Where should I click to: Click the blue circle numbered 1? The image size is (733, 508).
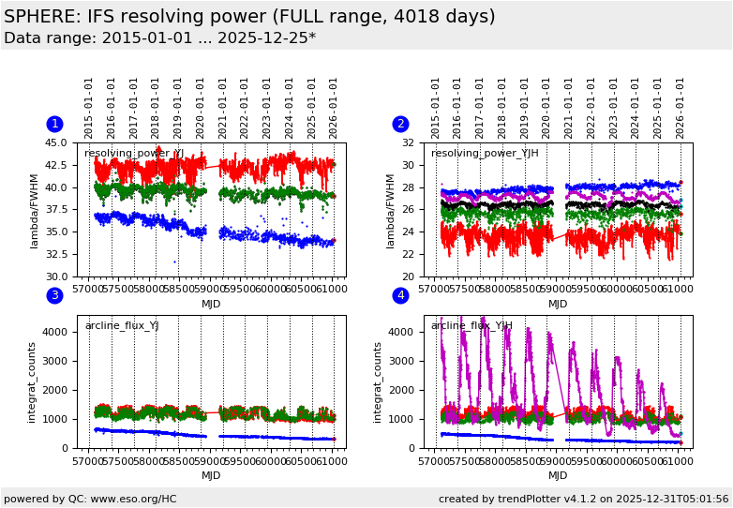click(x=54, y=124)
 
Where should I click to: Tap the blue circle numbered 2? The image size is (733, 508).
click(x=400, y=124)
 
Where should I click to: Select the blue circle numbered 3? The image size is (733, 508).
click(x=54, y=295)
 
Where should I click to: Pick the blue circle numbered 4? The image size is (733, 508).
click(x=400, y=295)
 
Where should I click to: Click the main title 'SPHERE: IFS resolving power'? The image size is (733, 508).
click(x=249, y=17)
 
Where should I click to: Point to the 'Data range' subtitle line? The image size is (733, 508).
click(x=159, y=38)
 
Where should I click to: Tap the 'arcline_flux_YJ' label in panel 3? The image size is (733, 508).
click(x=122, y=326)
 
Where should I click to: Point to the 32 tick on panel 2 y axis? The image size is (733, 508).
click(x=409, y=143)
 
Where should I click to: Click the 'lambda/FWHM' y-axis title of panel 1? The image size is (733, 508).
click(x=35, y=210)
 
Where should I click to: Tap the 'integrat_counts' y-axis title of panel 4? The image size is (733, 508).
click(x=377, y=381)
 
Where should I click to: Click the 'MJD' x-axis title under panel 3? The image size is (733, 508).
click(x=211, y=475)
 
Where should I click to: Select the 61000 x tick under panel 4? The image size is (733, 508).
click(x=678, y=461)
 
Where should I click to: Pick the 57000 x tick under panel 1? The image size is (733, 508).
click(x=88, y=290)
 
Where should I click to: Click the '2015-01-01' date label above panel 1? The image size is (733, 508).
click(x=89, y=108)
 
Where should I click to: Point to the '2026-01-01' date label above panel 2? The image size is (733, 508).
click(x=681, y=108)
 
